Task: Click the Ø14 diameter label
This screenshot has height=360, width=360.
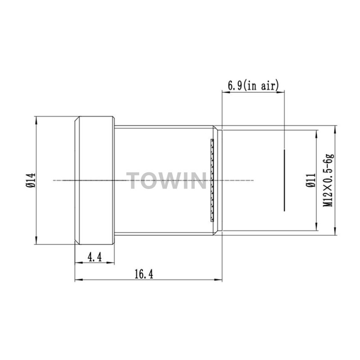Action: click(x=31, y=180)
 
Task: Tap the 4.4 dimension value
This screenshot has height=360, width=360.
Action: click(x=94, y=257)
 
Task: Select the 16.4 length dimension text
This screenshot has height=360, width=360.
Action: click(x=144, y=274)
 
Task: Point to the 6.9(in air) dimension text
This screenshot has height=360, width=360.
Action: click(x=253, y=85)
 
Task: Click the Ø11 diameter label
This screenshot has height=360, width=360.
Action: click(x=311, y=180)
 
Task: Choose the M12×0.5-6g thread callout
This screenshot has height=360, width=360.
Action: click(x=328, y=180)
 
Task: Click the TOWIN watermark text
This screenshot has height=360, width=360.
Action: click(x=166, y=181)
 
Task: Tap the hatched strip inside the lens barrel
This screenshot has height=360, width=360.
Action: click(x=212, y=180)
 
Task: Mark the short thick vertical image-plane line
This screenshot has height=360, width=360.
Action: click(x=284, y=180)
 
